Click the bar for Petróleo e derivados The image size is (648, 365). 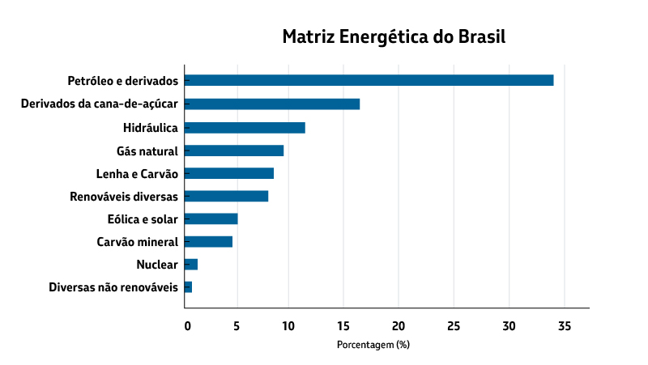click(x=369, y=80)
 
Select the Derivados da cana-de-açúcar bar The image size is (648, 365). click(x=272, y=104)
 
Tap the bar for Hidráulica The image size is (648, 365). click(x=245, y=127)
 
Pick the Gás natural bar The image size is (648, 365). click(x=234, y=151)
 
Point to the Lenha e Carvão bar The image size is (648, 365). click(x=229, y=173)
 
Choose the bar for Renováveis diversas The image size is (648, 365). click(x=226, y=196)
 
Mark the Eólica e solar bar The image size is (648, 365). click(x=211, y=219)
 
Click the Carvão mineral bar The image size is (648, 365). click(x=208, y=241)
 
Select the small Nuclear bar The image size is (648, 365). click(x=191, y=264)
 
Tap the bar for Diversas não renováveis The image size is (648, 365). click(x=188, y=287)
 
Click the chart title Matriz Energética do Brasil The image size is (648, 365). click(x=394, y=37)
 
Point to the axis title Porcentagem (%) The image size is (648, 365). click(x=373, y=345)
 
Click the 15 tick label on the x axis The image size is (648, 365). click(x=343, y=326)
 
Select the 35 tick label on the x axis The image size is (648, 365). click(x=565, y=326)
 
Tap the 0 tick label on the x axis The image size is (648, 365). click(x=188, y=326)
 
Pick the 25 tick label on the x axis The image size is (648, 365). click(x=454, y=326)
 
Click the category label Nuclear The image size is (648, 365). click(x=157, y=265)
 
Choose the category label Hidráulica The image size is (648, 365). click(x=151, y=128)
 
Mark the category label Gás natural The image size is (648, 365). click(x=147, y=151)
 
